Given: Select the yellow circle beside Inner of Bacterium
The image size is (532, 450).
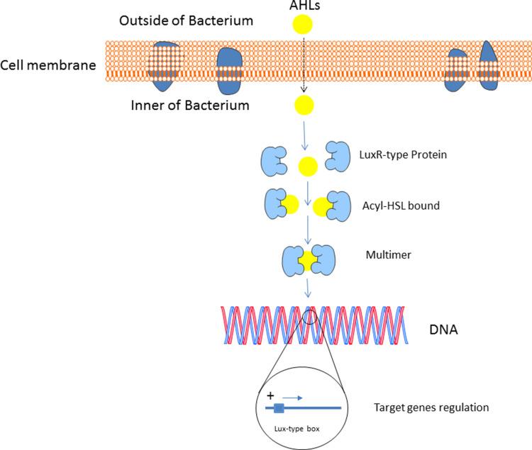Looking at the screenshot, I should click(x=306, y=107).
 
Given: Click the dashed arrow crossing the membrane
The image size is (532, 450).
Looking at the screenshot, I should click(x=304, y=67).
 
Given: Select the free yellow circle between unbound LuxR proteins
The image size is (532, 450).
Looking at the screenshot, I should click(x=307, y=167).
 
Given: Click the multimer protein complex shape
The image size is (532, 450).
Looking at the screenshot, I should click(x=307, y=258).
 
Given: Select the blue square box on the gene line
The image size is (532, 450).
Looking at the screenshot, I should click(x=279, y=408).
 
